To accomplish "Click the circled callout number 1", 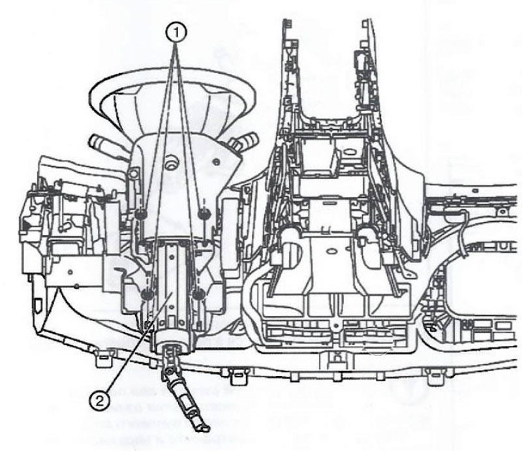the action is point(176,33).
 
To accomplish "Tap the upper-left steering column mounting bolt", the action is point(141,214).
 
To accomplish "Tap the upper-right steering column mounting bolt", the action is point(203,214).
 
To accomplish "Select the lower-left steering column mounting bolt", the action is point(147,294).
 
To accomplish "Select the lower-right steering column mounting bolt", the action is point(199,294).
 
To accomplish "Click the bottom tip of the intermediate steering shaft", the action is point(206,428).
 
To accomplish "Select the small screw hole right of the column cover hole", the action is point(217,163).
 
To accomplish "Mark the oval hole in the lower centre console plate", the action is point(332,251).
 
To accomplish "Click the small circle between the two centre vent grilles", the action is point(336,326).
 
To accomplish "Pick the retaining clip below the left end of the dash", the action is point(103,358).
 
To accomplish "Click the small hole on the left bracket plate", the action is point(70,272).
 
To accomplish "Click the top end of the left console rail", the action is point(287,23).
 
